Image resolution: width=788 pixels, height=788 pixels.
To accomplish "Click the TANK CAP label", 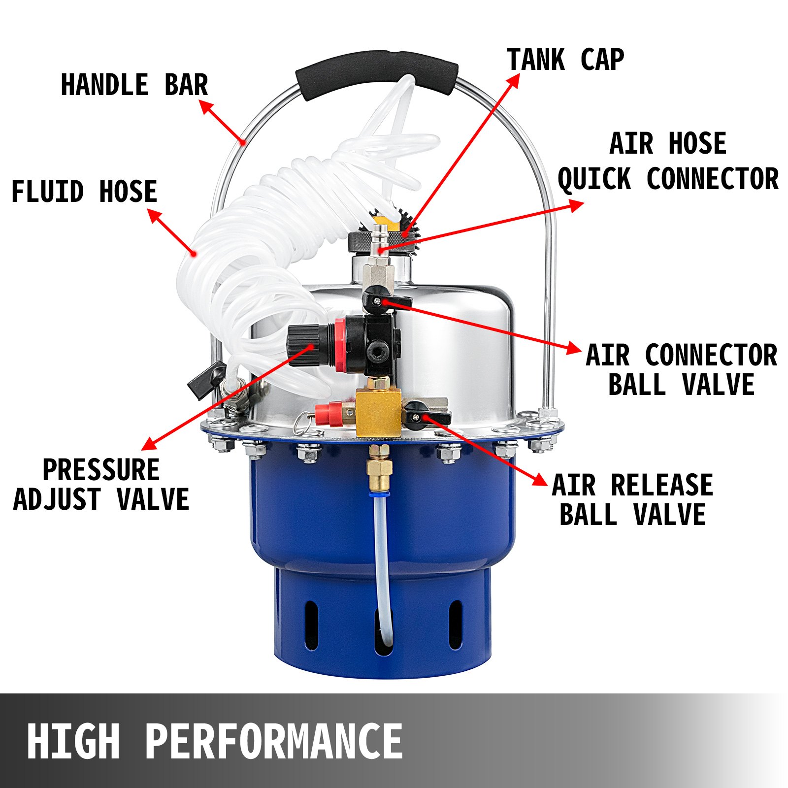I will pyautogui.click(x=565, y=60).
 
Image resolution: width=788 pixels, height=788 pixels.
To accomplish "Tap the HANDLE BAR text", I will pyautogui.click(x=134, y=85).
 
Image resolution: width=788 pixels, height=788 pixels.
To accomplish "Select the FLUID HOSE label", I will pyautogui.click(x=84, y=192).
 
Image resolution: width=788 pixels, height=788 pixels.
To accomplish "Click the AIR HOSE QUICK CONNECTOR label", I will pyautogui.click(x=668, y=161).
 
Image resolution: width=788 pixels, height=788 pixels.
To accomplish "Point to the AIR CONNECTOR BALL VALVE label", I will pyautogui.click(x=681, y=370).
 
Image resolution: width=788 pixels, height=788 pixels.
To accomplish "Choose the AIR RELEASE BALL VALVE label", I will pyautogui.click(x=632, y=500).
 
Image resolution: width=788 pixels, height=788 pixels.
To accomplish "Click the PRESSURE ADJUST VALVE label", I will pyautogui.click(x=101, y=484).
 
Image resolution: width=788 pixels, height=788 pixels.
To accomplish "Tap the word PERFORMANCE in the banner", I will pyautogui.click(x=274, y=742).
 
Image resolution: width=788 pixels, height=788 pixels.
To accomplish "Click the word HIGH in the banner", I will pyautogui.click(x=73, y=742).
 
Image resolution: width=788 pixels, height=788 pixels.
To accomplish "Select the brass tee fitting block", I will pyautogui.click(x=378, y=411).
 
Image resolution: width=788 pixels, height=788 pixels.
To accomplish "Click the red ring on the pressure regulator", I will pyautogui.click(x=340, y=345).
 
